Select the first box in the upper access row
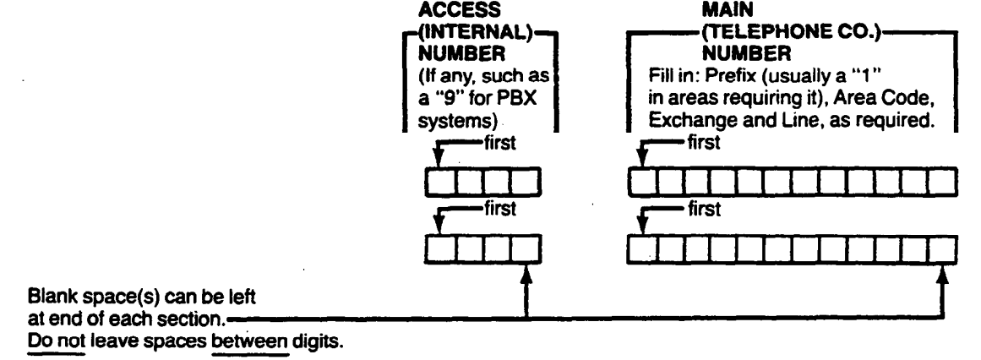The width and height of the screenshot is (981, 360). tap(434, 181)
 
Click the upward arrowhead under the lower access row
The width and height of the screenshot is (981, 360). tap(526, 268)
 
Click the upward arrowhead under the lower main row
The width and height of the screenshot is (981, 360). tap(942, 268)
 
